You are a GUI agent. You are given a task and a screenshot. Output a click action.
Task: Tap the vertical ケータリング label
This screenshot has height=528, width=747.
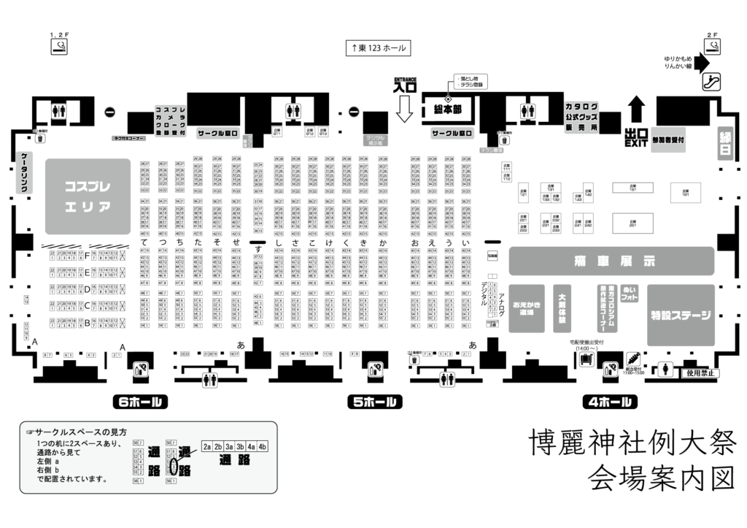coord(24,173)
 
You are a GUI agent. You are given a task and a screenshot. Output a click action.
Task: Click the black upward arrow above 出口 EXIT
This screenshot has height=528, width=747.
coord(637,110)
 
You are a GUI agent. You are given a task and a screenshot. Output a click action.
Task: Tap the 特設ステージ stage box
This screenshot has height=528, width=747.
coord(680,315)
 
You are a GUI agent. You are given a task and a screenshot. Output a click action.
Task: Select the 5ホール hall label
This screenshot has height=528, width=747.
coord(374,402)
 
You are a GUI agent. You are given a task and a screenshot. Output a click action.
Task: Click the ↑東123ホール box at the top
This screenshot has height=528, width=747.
coord(377,48)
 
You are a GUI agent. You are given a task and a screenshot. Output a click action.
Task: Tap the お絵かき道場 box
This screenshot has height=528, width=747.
coord(527,307)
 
